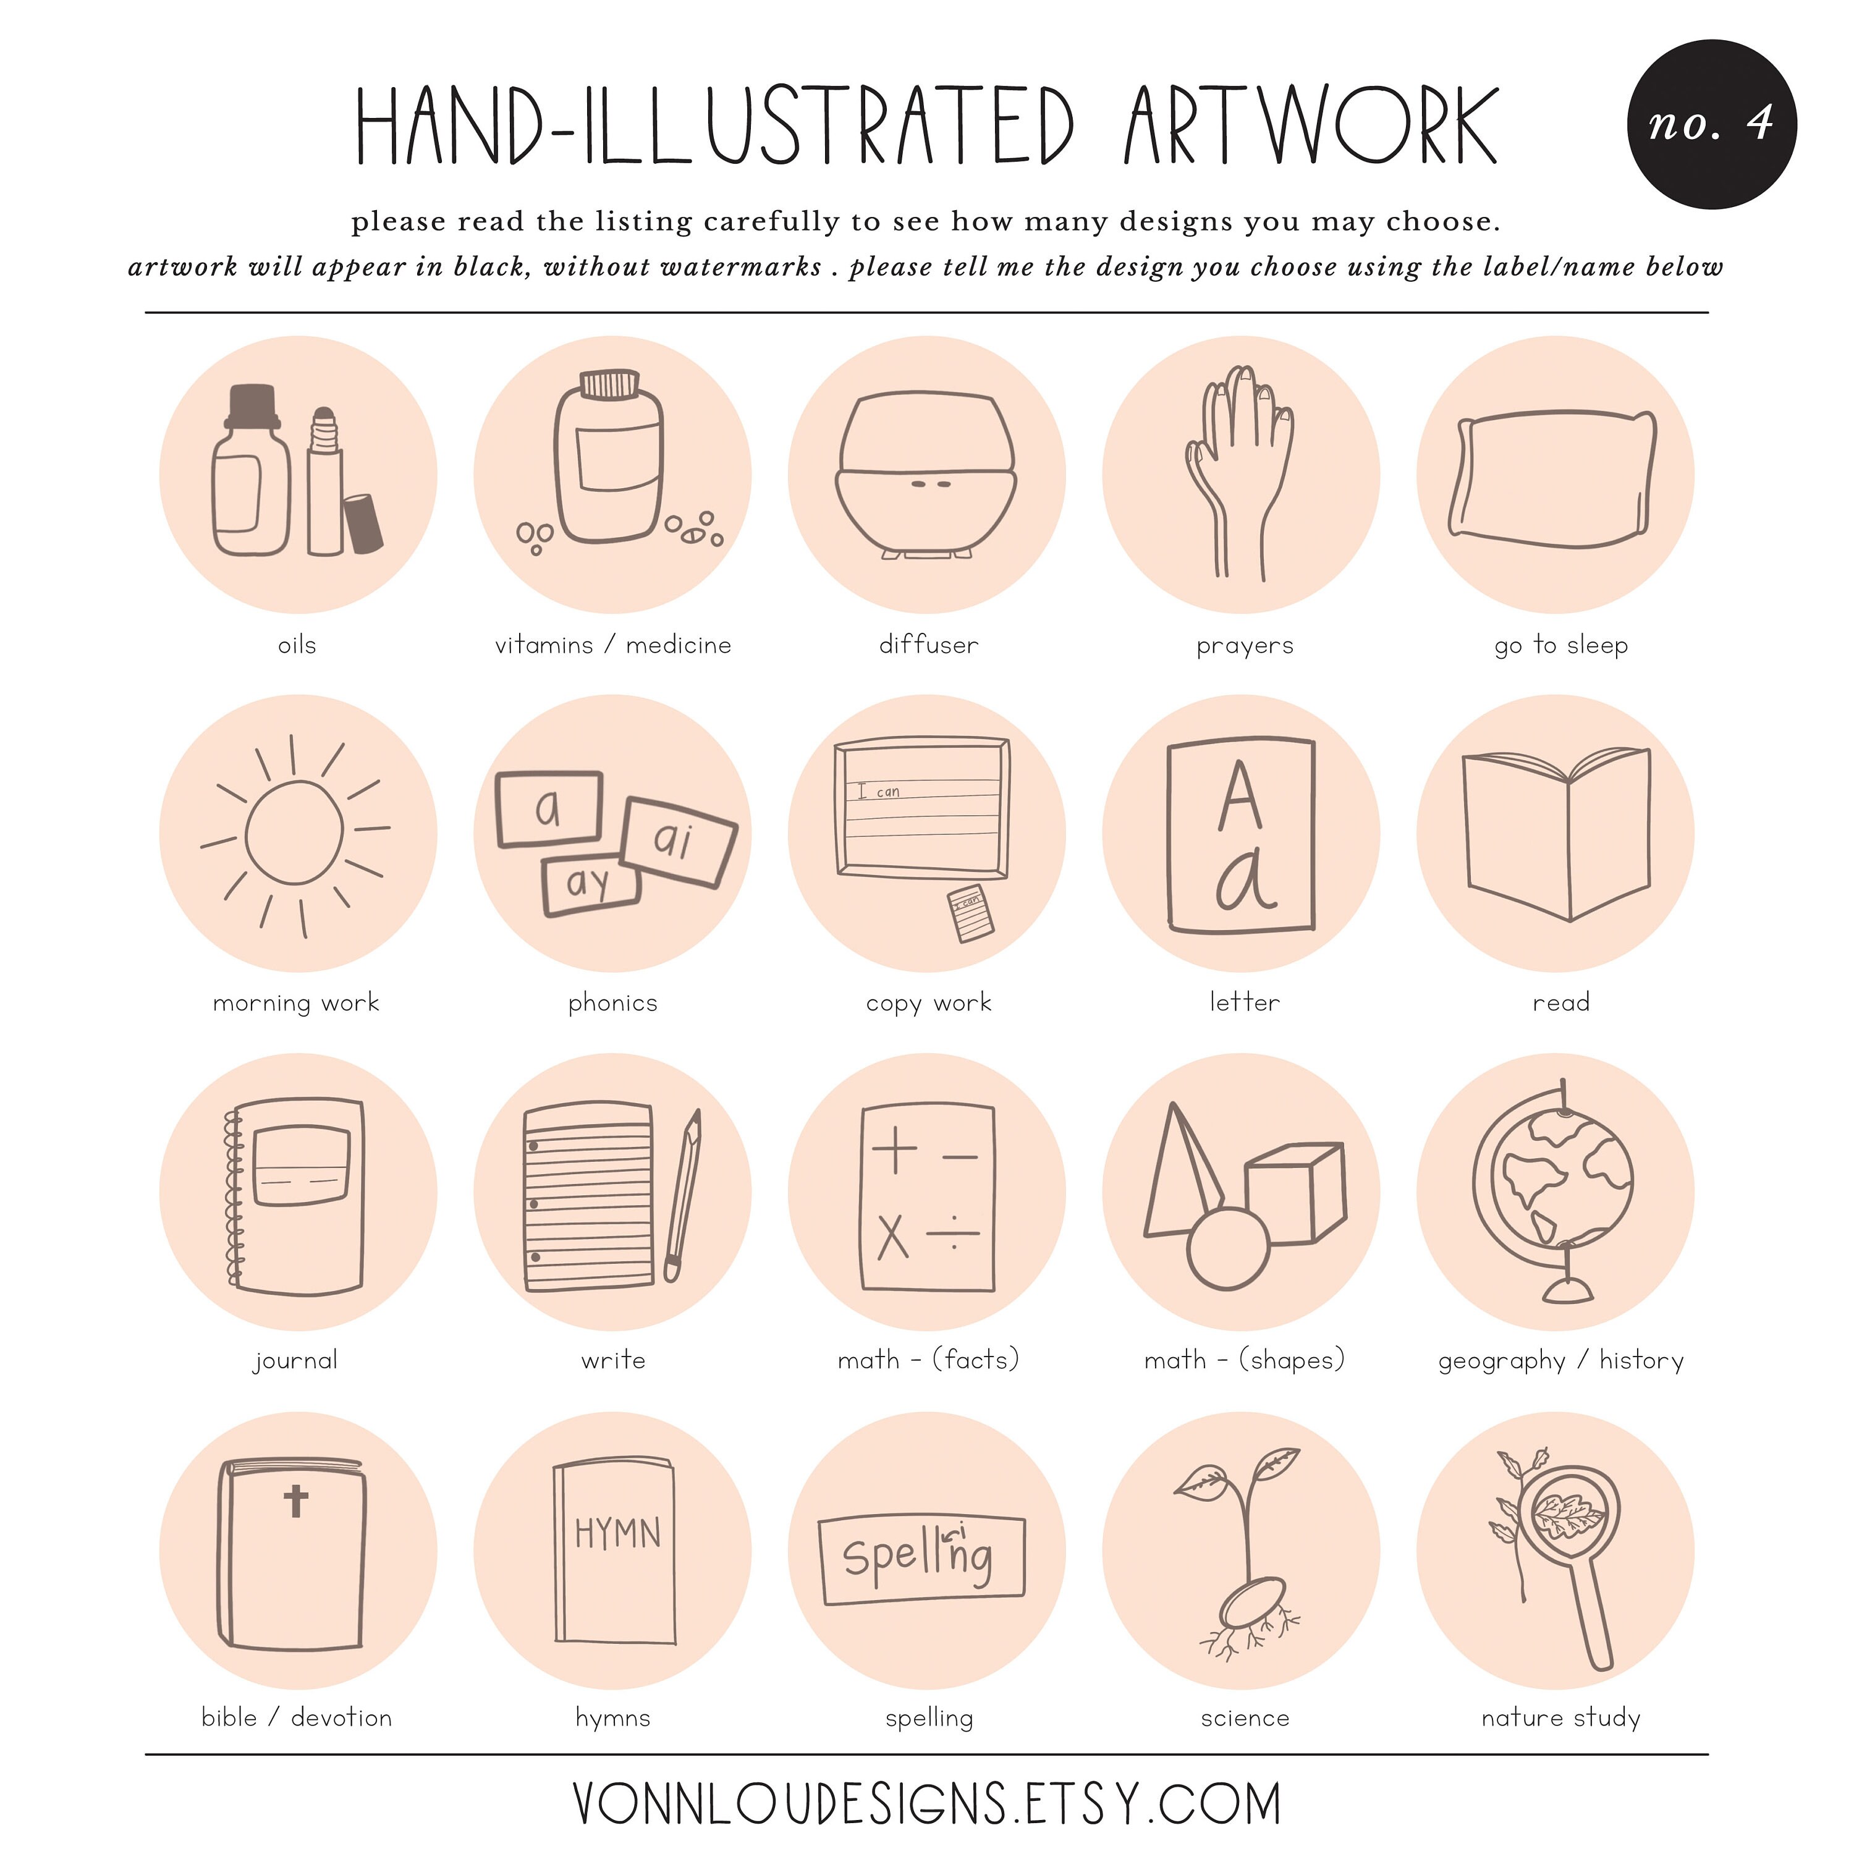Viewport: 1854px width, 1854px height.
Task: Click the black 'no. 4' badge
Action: pyautogui.click(x=1711, y=124)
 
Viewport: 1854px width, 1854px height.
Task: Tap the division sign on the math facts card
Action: pyautogui.click(x=954, y=1232)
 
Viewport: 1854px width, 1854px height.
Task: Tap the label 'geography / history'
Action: pyautogui.click(x=1560, y=1361)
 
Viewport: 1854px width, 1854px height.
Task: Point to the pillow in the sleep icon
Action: pyautogui.click(x=1554, y=479)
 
